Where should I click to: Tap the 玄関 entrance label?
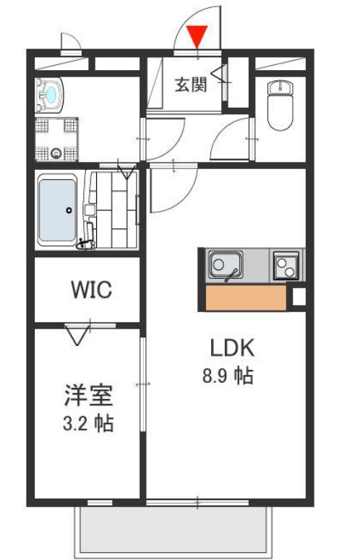(x=191, y=85)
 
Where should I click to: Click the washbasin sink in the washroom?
(x=51, y=94)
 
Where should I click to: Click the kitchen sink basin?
(x=225, y=265)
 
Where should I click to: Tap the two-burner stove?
(x=287, y=266)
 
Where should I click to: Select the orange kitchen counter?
(x=245, y=298)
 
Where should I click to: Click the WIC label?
(x=90, y=290)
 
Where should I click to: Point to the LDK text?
(x=232, y=349)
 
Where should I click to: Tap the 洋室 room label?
(x=87, y=395)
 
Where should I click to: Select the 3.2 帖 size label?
(x=87, y=423)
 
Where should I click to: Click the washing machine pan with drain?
(x=56, y=137)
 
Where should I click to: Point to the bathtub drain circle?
(x=69, y=210)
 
